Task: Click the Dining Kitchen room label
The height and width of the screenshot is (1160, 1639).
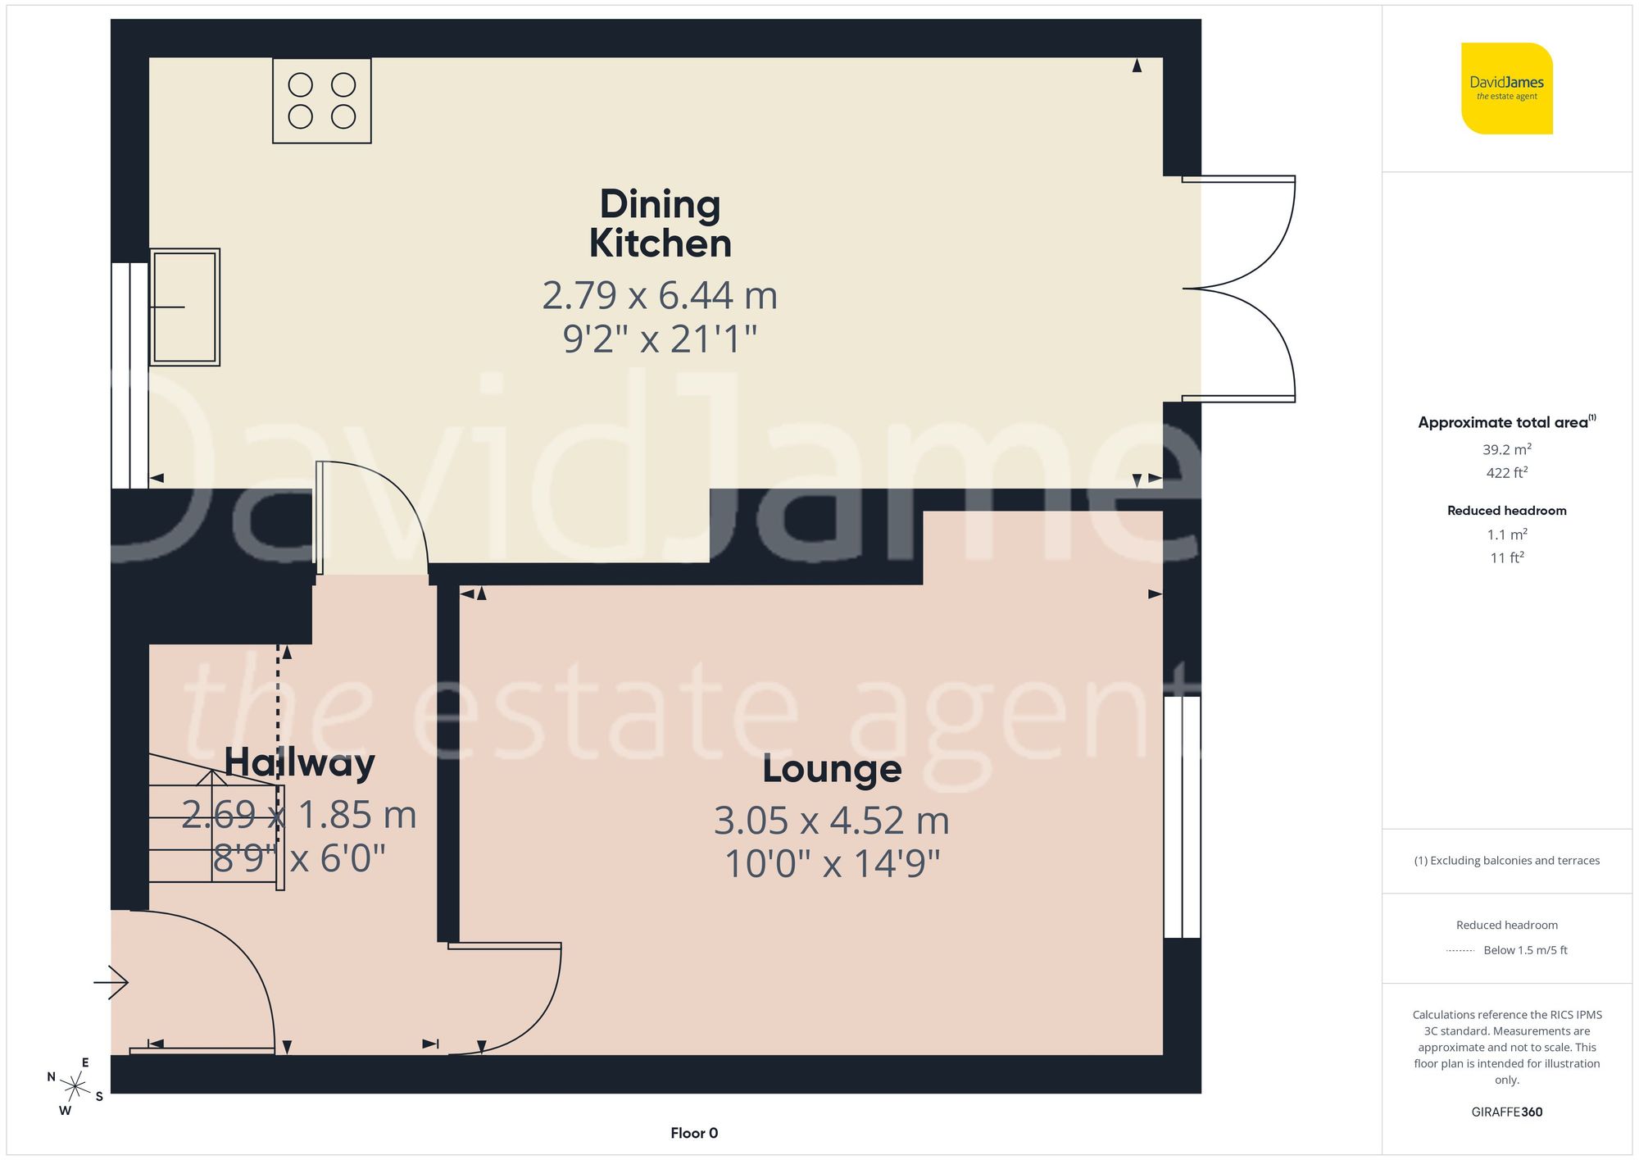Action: pos(660,224)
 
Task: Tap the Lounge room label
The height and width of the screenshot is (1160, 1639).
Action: pos(832,769)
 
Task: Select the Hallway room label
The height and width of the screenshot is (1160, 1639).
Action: pos(300,762)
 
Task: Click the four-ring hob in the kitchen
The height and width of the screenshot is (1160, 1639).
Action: pos(322,101)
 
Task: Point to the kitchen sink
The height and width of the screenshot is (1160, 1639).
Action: pos(184,307)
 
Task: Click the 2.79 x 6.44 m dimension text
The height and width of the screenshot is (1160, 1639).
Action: pos(660,295)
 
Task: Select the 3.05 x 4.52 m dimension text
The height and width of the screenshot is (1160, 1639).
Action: pos(832,820)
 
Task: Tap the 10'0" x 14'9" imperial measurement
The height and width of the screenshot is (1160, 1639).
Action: pos(832,863)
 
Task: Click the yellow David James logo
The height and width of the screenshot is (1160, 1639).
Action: pos(1506,89)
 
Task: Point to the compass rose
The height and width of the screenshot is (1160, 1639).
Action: pos(75,1087)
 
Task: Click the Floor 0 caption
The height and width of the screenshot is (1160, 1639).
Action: pos(694,1133)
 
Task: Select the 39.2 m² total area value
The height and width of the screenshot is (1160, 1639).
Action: pos(1506,449)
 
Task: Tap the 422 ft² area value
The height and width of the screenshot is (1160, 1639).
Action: pos(1506,472)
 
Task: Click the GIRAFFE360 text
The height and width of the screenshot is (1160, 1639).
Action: pos(1506,1112)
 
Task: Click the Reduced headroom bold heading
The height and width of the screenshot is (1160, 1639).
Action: pos(1506,510)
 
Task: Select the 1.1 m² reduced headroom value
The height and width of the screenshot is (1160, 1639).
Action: pos(1506,535)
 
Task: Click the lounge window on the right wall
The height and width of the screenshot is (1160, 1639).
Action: pos(1182,817)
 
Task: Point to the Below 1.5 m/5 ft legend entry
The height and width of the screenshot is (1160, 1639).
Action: pos(1525,950)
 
